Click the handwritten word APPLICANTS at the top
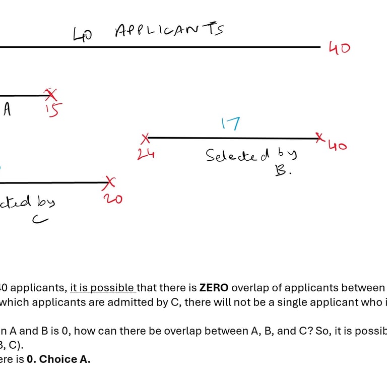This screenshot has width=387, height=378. [169, 30]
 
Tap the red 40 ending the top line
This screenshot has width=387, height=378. [339, 48]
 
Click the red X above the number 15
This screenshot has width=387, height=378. [50, 94]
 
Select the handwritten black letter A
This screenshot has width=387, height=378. [7, 109]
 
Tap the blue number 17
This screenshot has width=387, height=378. [230, 123]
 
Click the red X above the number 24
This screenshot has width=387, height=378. [146, 138]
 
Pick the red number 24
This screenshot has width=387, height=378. [146, 154]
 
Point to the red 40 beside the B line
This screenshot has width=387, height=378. [338, 146]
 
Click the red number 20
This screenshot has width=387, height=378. [113, 199]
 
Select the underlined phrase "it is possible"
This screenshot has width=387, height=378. [103, 288]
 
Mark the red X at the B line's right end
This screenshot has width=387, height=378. [318, 137]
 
